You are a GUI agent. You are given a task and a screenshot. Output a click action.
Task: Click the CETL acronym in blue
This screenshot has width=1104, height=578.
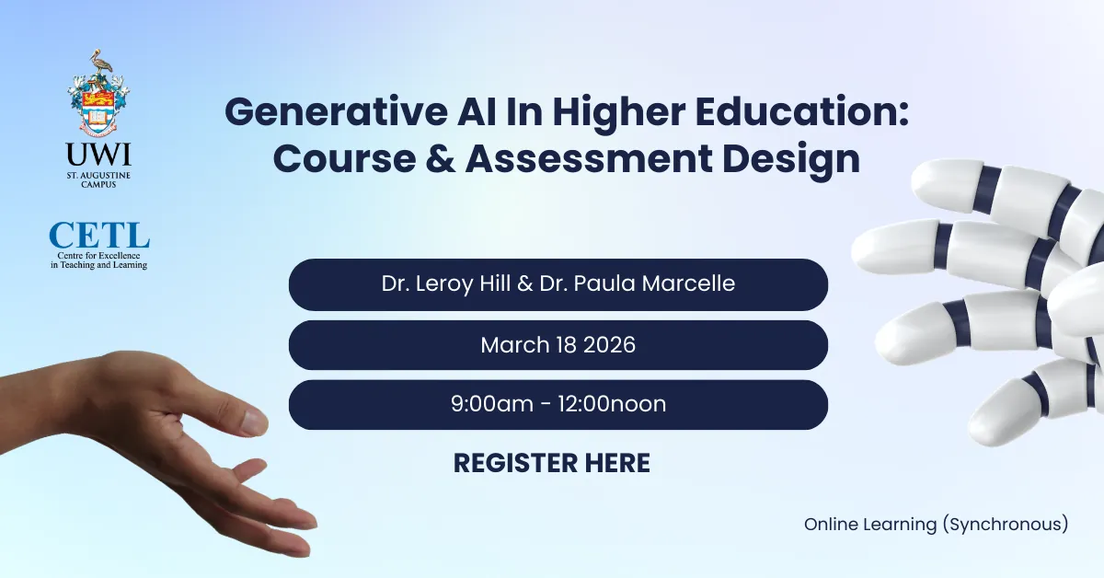click(x=98, y=235)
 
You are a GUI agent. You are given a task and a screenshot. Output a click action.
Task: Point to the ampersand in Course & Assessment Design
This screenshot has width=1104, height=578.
click(x=433, y=157)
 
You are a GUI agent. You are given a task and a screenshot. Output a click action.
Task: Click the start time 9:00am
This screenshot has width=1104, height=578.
click(x=492, y=404)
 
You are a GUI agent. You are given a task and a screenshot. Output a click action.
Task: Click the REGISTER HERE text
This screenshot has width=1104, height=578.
click(x=551, y=463)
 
